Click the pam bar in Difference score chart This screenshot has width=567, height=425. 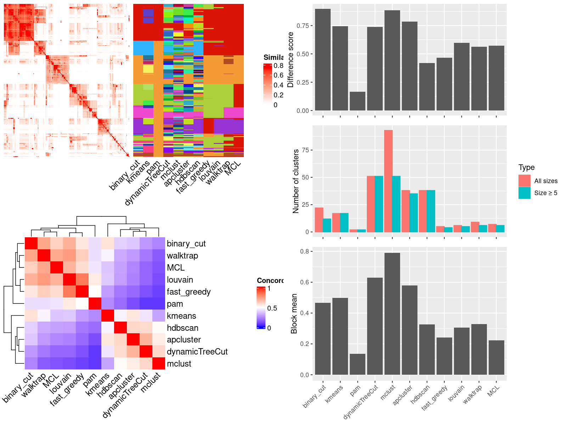(357, 101)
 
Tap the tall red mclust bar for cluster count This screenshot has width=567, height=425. (388, 181)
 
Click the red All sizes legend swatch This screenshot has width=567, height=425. (524, 181)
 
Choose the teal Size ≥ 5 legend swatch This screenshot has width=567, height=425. (524, 193)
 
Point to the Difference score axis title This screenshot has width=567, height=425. (291, 59)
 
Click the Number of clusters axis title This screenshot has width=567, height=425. (296, 181)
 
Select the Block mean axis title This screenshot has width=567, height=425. (294, 313)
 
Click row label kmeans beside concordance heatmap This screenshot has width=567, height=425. (181, 316)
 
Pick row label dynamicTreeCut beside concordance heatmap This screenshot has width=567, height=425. (197, 352)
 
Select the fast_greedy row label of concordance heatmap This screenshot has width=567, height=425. (189, 292)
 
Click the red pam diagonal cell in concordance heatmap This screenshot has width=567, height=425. (95, 304)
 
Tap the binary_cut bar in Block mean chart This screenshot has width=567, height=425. (322, 339)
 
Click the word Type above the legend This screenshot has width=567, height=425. (526, 168)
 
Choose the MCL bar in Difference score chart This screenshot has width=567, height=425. (496, 78)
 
